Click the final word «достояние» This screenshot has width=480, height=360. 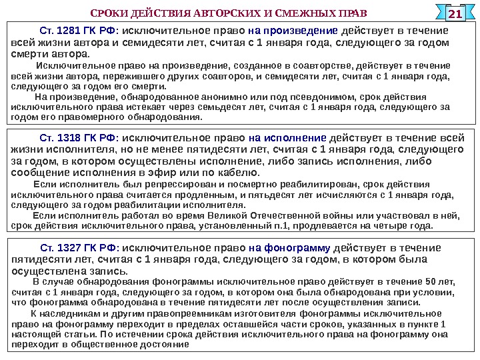click(x=167, y=345)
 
